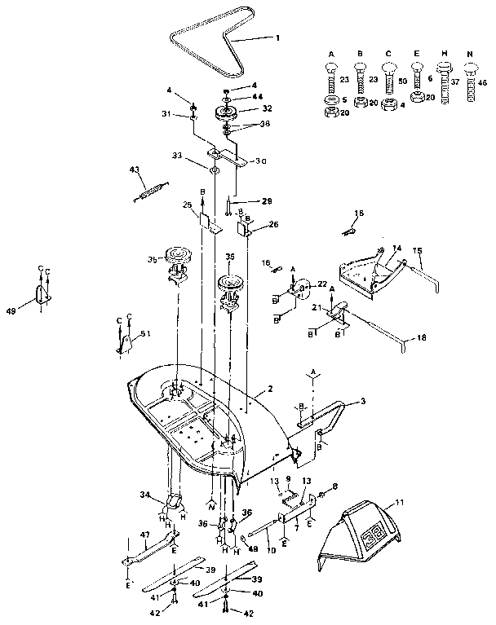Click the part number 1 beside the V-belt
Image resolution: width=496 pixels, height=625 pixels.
(x=277, y=37)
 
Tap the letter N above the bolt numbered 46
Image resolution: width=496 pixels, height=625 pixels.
(x=471, y=54)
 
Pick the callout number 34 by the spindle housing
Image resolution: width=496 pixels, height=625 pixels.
(x=145, y=494)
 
